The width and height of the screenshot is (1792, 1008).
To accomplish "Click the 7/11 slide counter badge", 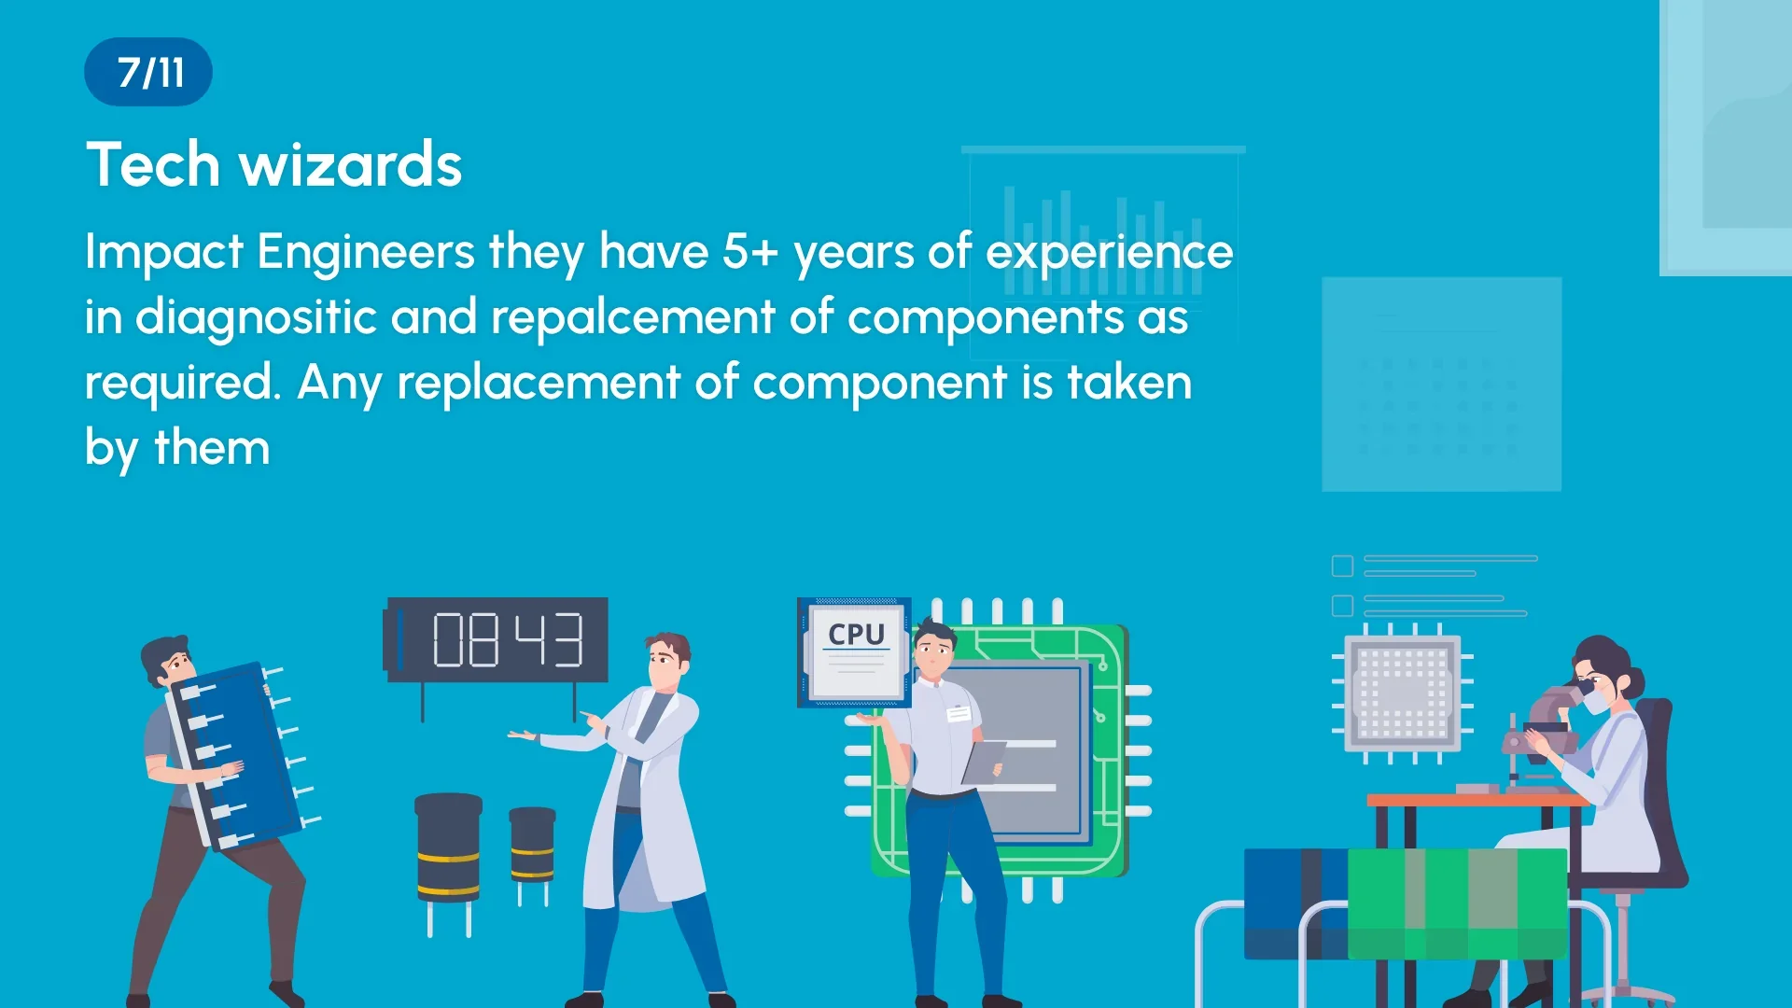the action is click(x=148, y=72).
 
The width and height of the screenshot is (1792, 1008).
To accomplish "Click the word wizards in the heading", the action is click(x=351, y=164).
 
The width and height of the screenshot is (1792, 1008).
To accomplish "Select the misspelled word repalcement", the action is click(x=633, y=317).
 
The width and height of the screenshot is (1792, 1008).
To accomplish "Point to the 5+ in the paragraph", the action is click(x=750, y=252).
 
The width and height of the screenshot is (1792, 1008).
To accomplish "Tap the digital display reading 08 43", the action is click(x=497, y=640).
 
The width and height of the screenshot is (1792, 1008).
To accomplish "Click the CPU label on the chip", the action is click(x=856, y=635).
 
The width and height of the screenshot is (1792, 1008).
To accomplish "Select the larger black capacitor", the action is click(x=448, y=849).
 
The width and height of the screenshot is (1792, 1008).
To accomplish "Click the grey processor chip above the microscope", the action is click(x=1403, y=693).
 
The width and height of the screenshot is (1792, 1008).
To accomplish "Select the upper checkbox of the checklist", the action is click(x=1342, y=567).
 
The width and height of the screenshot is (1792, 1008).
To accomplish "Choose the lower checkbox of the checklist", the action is click(x=1342, y=607).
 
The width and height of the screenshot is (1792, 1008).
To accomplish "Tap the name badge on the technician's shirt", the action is click(x=959, y=714).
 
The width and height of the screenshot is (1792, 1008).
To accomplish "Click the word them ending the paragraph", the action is click(x=212, y=448).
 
